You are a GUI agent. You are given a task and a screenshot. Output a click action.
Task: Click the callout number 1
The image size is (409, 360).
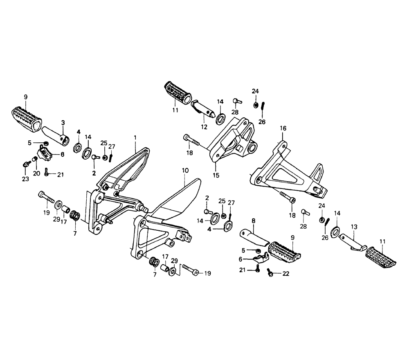135,138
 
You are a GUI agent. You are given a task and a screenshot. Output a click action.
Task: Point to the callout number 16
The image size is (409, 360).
283,128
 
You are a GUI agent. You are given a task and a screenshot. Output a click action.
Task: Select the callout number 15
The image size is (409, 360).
216,175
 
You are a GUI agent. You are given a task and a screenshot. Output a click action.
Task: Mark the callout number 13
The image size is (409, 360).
354,227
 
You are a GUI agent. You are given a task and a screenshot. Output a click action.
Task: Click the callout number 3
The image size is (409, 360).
63,122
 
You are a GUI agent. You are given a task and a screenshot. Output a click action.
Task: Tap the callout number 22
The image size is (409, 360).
285,274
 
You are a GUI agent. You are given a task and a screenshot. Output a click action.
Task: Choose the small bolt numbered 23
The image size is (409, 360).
26,164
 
